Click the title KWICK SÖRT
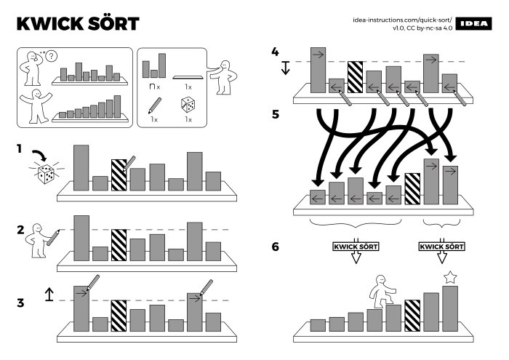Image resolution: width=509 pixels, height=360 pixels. [x=77, y=23]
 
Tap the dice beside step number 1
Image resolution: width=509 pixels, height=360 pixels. [x=45, y=174]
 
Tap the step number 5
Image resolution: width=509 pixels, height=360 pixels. [x=275, y=114]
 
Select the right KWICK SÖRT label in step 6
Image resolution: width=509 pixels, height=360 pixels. [x=442, y=247]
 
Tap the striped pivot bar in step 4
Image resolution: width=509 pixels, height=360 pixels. [x=355, y=76]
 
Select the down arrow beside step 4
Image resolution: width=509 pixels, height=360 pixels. [x=285, y=68]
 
